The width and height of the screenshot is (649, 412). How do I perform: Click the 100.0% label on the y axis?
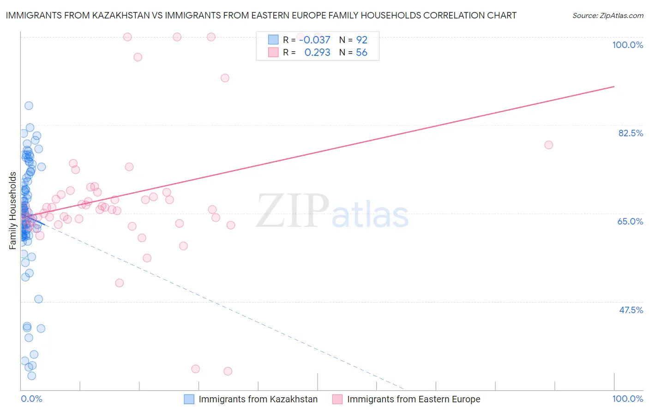click(627, 45)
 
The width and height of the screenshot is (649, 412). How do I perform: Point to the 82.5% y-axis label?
click(631, 133)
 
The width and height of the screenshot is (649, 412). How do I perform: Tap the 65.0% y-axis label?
click(630, 221)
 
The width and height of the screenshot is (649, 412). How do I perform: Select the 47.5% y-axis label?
click(631, 310)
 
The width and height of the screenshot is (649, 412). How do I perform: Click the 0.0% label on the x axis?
click(31, 399)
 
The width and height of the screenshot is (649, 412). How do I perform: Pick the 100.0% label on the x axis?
click(627, 399)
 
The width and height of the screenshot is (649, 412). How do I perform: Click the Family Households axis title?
click(13, 211)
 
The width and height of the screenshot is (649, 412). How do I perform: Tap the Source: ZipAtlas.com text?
click(607, 15)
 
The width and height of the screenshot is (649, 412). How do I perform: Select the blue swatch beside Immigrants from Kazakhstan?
click(189, 399)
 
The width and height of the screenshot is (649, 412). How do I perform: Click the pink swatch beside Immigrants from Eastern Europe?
click(337, 399)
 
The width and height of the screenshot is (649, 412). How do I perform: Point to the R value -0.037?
click(315, 40)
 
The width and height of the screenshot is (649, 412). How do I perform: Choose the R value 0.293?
click(317, 53)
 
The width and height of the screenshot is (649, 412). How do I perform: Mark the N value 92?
click(361, 40)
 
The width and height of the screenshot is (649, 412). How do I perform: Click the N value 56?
click(361, 53)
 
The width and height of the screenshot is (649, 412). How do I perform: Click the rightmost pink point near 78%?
click(548, 145)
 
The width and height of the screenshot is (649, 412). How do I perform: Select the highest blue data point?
click(29, 106)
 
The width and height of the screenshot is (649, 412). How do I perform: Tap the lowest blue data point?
click(31, 376)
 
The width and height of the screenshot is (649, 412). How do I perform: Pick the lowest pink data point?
click(228, 371)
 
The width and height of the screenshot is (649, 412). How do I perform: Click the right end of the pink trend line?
click(614, 86)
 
